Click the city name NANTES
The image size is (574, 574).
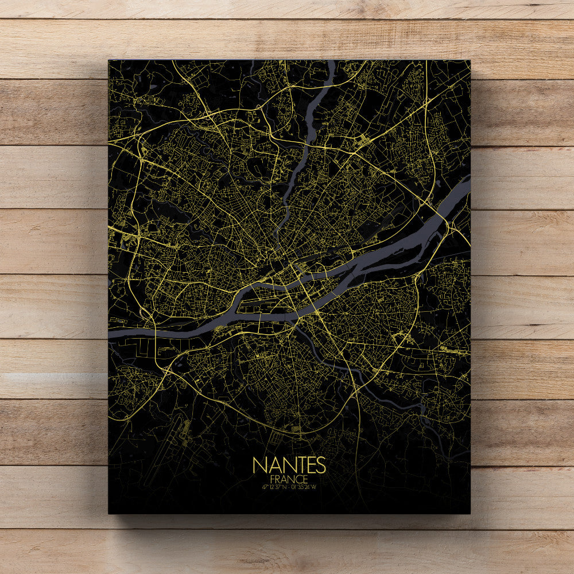(289, 465)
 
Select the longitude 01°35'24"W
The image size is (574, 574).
(304, 487)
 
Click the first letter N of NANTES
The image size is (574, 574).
(258, 465)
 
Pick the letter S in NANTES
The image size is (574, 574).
(320, 465)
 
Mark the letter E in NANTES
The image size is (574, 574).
(308, 465)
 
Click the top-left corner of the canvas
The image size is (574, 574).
(108, 60)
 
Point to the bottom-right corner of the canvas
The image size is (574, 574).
(470, 513)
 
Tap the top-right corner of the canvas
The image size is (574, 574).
(470, 60)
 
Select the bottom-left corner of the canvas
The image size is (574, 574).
(108, 513)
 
